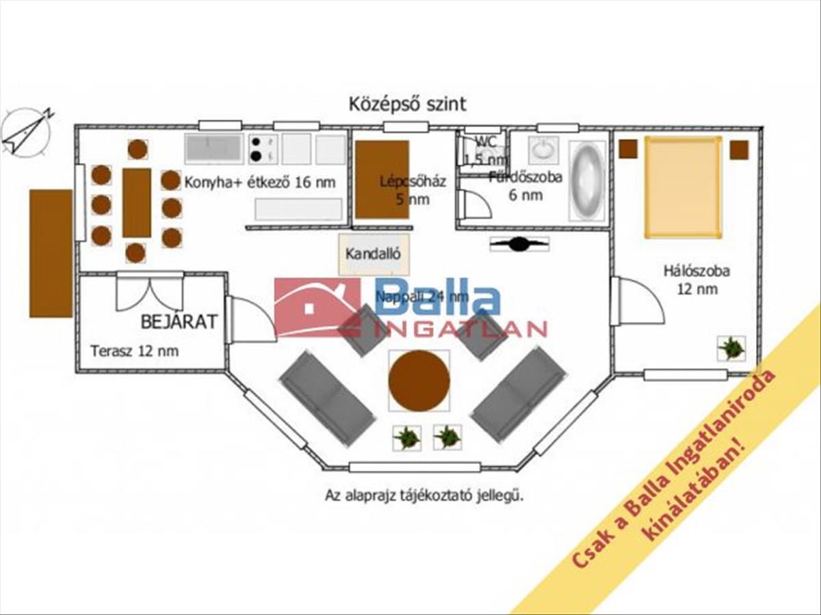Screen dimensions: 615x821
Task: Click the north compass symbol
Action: click(x=26, y=133)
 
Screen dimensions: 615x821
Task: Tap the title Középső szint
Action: click(x=408, y=104)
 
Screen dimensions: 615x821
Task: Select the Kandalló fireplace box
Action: click(x=373, y=254)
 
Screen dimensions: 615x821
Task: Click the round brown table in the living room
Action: click(x=419, y=381)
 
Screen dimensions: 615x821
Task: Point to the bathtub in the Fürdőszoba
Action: click(x=587, y=180)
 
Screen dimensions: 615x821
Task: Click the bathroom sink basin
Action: click(x=543, y=150)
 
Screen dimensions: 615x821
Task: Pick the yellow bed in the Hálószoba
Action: click(x=682, y=187)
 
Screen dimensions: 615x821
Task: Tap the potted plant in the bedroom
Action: click(x=731, y=348)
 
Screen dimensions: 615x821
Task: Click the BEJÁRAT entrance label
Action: click(x=179, y=321)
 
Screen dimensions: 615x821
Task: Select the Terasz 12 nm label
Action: click(x=135, y=351)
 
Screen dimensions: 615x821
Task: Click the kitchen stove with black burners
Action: click(x=263, y=149)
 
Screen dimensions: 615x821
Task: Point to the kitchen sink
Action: click(x=213, y=148)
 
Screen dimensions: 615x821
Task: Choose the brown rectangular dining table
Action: click(x=137, y=202)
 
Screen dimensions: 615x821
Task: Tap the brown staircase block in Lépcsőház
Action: click(x=382, y=180)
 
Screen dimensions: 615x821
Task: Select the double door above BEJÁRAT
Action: click(x=149, y=290)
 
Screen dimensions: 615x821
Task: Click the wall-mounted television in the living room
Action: click(x=519, y=243)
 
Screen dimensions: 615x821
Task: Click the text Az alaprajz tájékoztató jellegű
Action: click(x=424, y=496)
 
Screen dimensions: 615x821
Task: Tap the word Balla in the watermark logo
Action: click(x=438, y=301)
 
